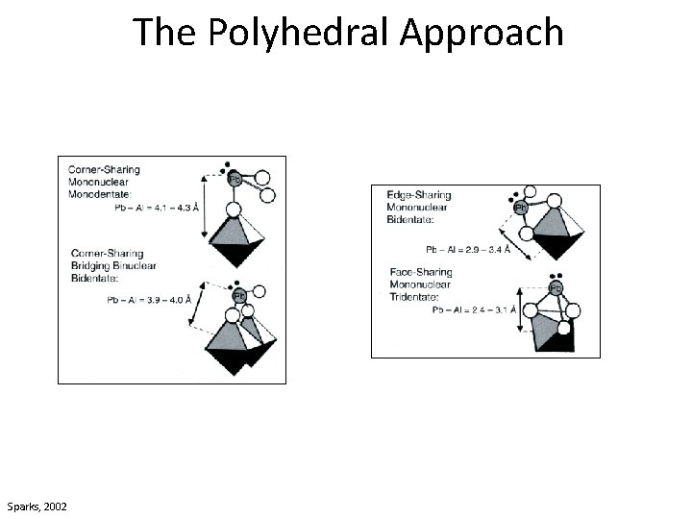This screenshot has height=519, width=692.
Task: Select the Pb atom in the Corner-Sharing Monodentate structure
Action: [234, 180]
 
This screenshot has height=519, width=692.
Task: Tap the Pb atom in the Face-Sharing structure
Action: [556, 288]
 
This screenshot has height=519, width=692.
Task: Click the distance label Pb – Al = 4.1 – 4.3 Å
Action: [157, 207]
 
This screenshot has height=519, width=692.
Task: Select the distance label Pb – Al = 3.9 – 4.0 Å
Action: [148, 299]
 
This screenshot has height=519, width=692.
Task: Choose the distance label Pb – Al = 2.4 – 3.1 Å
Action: [474, 310]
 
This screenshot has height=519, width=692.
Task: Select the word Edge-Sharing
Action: [419, 195]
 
